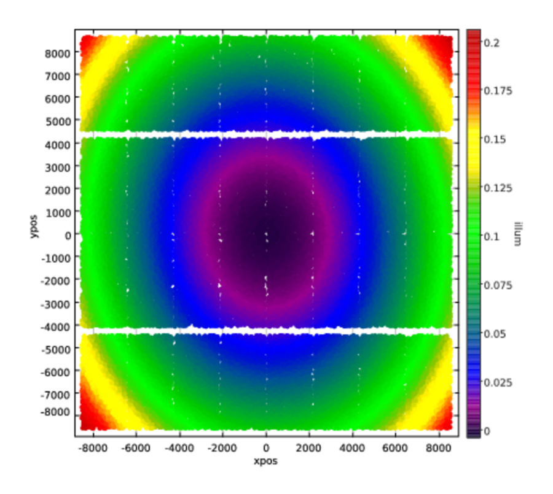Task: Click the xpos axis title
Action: click(x=266, y=460)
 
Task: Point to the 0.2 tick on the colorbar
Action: click(x=492, y=42)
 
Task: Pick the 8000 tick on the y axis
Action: click(x=57, y=53)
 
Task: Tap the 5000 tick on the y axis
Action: click(x=57, y=121)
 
